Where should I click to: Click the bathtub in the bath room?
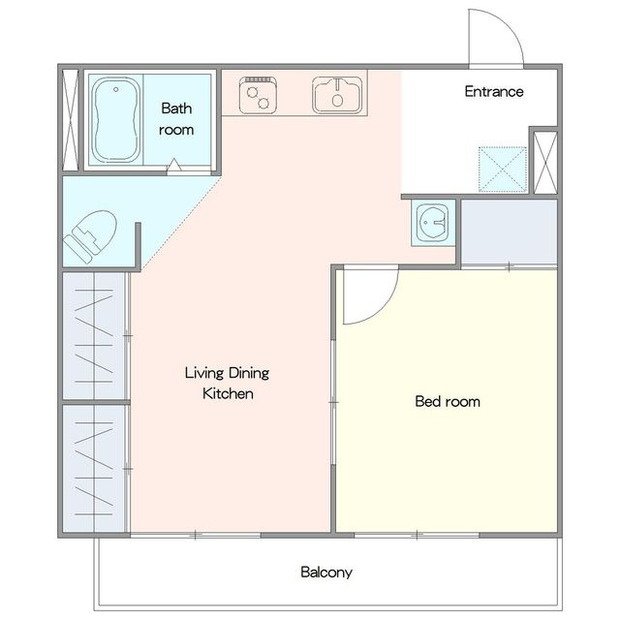(x=116, y=119)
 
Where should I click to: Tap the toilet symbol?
(x=90, y=236)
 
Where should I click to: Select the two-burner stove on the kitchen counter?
(x=258, y=95)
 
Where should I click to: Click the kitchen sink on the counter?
(x=337, y=95)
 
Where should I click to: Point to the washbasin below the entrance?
(x=433, y=223)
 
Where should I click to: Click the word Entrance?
(x=494, y=92)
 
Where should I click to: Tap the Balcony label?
(x=326, y=573)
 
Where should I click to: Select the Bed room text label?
(x=448, y=402)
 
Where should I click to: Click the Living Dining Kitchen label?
(x=228, y=384)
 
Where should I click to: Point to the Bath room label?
(x=176, y=119)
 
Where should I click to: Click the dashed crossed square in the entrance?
(x=503, y=170)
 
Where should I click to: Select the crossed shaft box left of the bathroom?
(x=71, y=120)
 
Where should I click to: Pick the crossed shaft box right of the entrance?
(x=545, y=163)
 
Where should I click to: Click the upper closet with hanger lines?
(x=94, y=336)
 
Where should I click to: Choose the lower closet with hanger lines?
(x=94, y=468)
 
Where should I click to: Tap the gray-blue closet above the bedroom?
(x=510, y=232)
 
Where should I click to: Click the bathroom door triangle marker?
(x=174, y=165)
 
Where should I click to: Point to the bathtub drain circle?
(x=116, y=90)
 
